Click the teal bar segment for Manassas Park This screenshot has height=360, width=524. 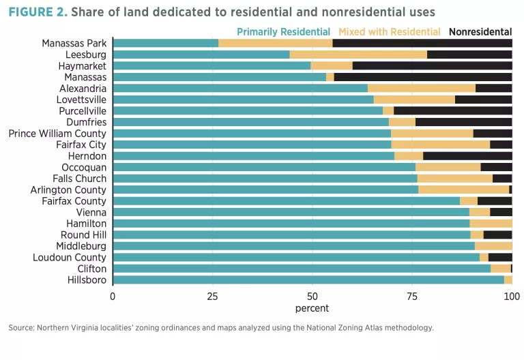166,43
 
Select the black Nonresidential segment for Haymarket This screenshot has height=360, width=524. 432,66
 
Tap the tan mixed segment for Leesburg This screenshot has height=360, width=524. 358,55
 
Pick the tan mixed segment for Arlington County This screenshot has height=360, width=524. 463,190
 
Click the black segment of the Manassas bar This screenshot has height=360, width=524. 423,77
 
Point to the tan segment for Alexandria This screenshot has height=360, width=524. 421,89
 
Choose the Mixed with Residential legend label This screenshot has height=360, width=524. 390,31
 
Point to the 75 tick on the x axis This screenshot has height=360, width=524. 412,297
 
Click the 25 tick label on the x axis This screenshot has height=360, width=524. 212,297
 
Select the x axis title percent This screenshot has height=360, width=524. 312,308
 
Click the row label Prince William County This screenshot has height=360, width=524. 57,134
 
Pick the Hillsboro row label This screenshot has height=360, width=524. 87,280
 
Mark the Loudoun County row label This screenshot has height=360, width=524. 70,257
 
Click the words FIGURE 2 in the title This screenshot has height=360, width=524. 37,12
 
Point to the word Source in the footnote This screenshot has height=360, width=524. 22,328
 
